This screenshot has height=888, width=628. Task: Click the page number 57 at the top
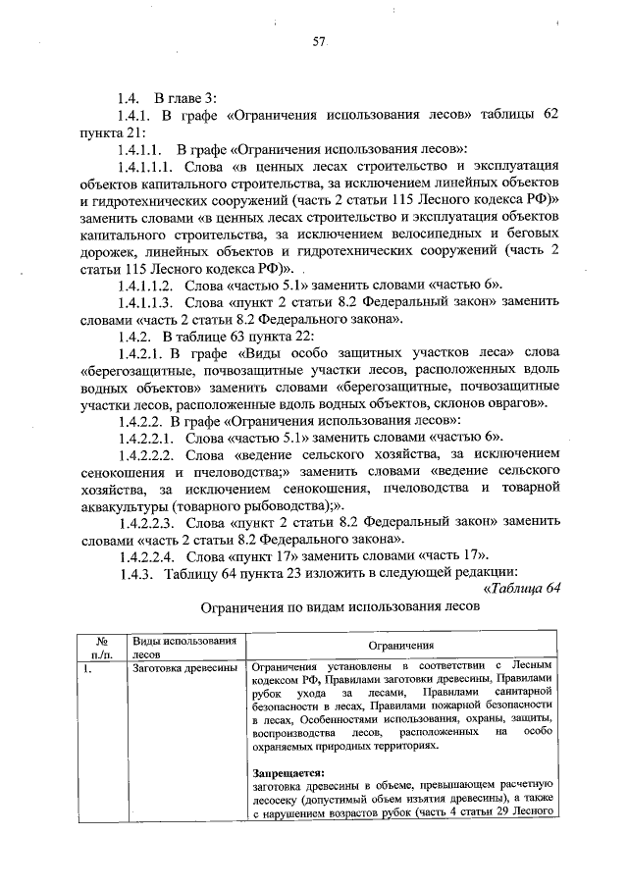[318, 41]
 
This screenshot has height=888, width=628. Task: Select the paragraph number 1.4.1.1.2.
[145, 284]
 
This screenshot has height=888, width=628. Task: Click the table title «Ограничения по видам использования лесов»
[319, 607]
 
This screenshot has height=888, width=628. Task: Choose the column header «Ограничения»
[401, 646]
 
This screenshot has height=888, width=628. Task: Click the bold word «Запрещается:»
[280, 772]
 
